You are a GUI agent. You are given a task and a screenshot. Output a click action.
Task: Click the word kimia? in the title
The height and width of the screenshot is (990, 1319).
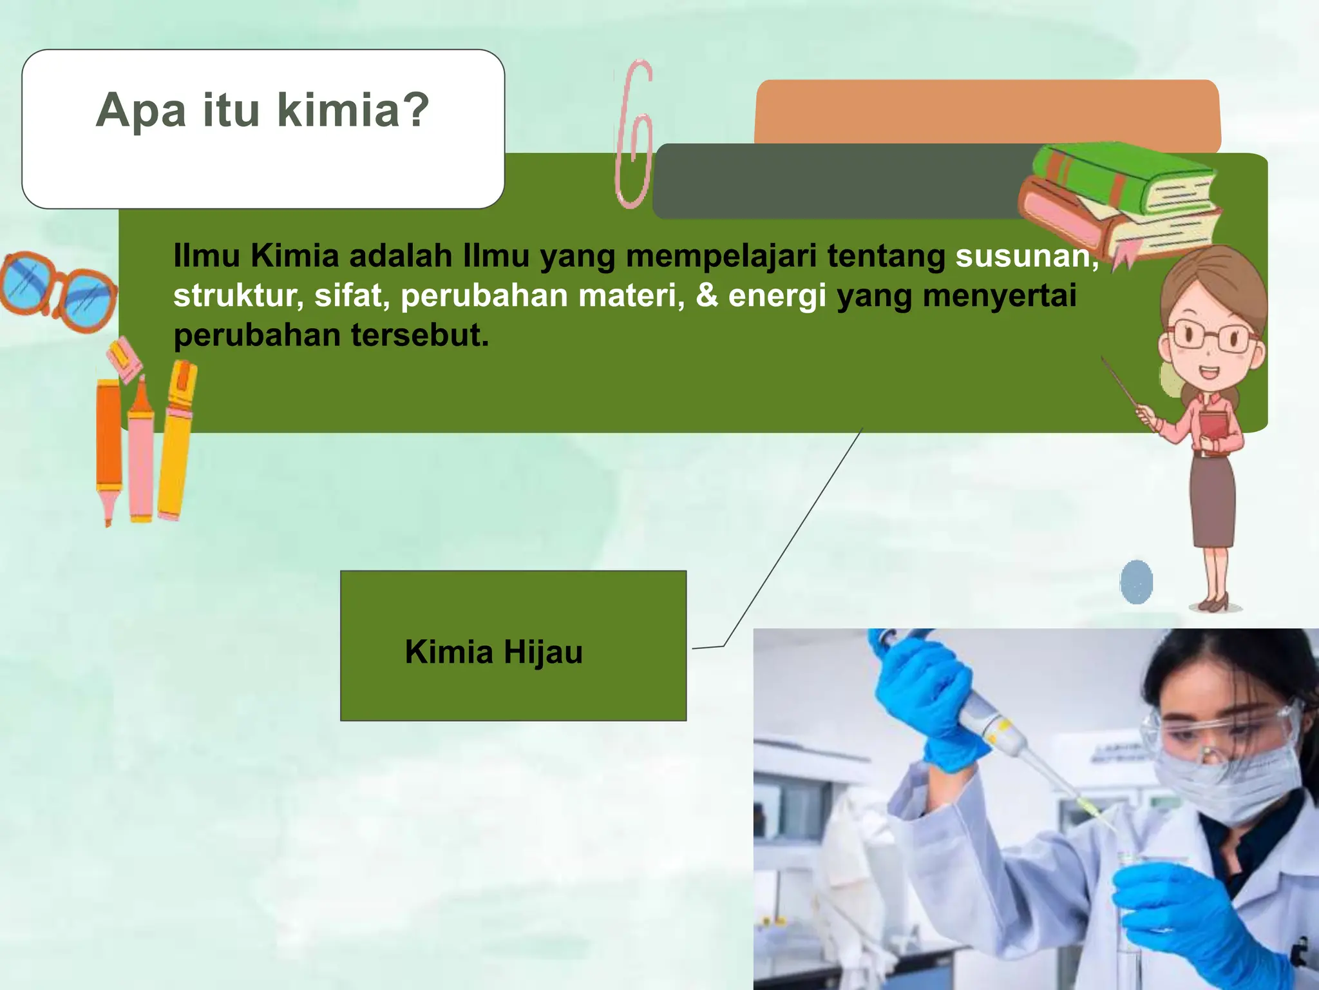pos(353,110)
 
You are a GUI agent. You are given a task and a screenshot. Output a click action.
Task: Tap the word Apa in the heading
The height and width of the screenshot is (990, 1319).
pos(141,111)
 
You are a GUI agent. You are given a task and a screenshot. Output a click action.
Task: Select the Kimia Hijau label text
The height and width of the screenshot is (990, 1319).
pos(493,652)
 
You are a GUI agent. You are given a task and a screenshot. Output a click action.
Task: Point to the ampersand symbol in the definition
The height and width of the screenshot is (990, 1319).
pos(707,295)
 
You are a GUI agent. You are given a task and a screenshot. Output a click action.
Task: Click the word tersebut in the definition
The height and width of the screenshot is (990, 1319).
pos(419,335)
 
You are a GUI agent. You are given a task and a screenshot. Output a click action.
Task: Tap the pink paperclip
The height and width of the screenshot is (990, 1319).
pos(634,135)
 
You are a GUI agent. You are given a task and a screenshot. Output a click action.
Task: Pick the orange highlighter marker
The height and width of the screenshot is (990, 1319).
pos(108,445)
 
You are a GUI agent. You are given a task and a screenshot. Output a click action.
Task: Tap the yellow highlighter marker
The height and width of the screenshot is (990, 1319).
pos(175,438)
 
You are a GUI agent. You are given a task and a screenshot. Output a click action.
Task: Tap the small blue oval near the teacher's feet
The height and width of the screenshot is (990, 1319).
pos(1136,581)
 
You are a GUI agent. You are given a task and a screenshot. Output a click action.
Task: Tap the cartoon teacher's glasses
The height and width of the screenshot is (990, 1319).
pos(1211,336)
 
